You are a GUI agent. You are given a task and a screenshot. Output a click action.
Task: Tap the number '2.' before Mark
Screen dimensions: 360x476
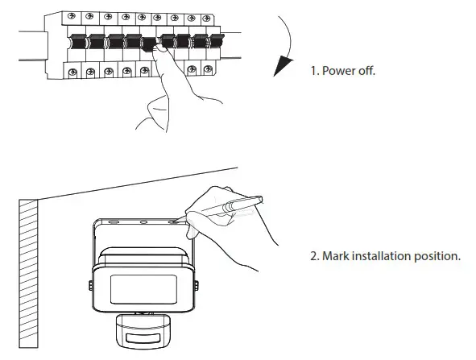pos(315,257)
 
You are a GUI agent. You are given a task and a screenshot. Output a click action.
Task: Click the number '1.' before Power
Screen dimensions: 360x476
pos(315,71)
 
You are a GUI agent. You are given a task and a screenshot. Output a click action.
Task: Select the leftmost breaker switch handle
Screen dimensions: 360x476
pos(79,42)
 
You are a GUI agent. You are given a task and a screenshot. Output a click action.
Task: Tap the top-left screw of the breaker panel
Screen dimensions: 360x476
pos(73,16)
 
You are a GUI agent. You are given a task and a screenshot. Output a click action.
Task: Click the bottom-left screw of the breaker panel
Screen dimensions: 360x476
pos(73,72)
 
